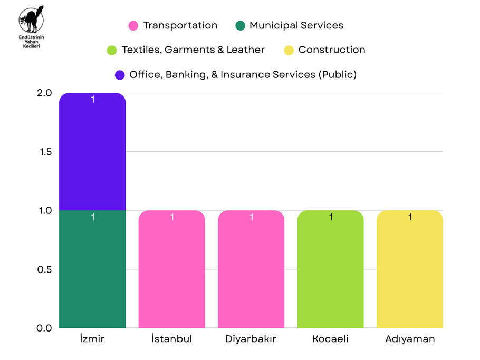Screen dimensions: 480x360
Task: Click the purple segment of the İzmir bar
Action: click(x=92, y=152)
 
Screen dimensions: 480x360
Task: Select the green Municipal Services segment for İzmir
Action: click(x=92, y=269)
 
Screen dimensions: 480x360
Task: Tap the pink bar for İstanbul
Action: click(x=172, y=269)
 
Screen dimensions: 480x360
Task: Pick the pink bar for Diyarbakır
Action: click(x=251, y=269)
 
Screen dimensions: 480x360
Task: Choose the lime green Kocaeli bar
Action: click(x=331, y=269)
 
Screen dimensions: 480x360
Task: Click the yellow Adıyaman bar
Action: click(x=410, y=269)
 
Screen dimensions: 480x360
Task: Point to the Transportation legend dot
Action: click(x=133, y=26)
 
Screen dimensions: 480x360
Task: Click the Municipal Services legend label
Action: click(x=296, y=25)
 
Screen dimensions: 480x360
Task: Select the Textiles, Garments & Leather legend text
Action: click(x=193, y=50)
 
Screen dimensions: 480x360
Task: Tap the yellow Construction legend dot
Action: click(x=289, y=50)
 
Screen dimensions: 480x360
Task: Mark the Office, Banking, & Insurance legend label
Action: click(x=243, y=75)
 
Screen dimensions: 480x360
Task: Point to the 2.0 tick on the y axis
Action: click(x=44, y=93)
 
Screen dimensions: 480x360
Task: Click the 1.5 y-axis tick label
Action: click(x=45, y=152)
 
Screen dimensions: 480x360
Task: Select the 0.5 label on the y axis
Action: click(x=44, y=269)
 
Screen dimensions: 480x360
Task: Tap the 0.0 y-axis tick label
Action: click(x=44, y=328)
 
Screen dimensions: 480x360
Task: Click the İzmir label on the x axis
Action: click(x=92, y=338)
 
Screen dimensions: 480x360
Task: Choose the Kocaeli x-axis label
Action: click(x=330, y=339)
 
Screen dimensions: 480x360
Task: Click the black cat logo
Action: click(x=31, y=20)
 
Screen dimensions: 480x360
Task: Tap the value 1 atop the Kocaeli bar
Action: click(x=331, y=217)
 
